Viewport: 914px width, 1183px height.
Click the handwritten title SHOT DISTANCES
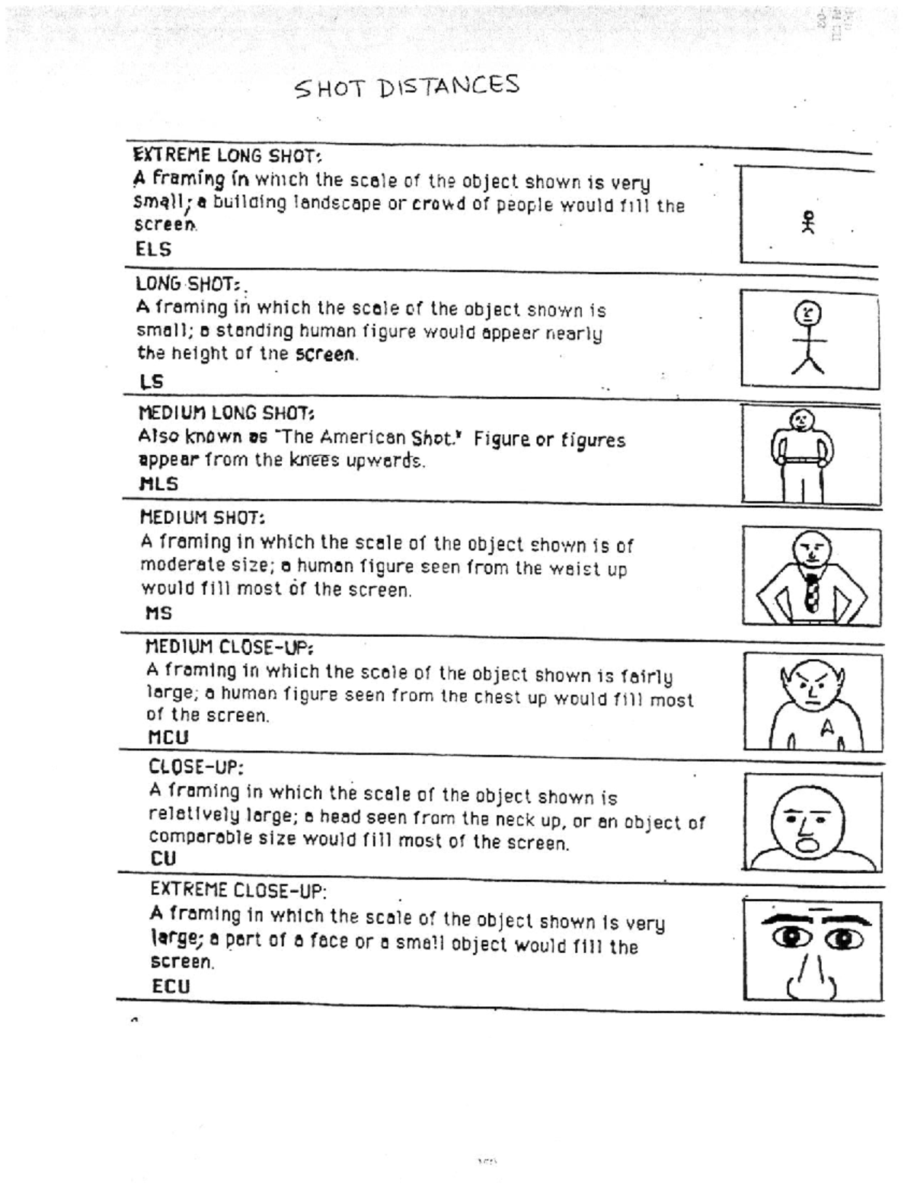[407, 86]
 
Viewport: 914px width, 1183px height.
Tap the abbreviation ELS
[153, 249]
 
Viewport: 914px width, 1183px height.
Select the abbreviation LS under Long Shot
[152, 381]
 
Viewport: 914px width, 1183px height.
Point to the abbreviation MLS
[158, 483]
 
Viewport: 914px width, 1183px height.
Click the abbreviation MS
[158, 612]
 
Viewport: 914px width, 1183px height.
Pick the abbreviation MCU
[168, 737]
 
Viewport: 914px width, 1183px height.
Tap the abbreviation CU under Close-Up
[163, 858]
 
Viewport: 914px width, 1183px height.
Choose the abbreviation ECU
[171, 986]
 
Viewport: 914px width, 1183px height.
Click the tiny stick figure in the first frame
[808, 222]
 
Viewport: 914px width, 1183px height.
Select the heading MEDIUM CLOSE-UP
[228, 647]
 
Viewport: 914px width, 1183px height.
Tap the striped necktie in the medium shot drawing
[812, 593]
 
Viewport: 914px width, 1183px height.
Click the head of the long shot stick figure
[808, 313]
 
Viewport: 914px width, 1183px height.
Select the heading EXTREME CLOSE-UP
[238, 889]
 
